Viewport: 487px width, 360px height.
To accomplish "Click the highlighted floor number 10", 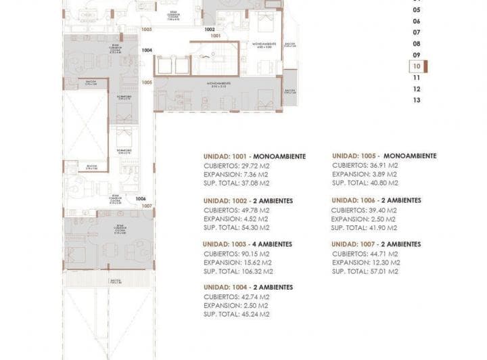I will tap(417, 66).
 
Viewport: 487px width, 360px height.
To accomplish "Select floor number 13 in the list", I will tap(417, 100).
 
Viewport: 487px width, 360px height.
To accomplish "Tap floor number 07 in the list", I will tap(417, 32).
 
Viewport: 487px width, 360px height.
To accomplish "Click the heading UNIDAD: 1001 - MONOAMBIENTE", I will tap(254, 156).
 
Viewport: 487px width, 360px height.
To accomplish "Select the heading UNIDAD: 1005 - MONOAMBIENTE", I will tap(384, 156).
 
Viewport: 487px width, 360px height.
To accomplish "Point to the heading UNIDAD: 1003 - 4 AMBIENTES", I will tap(248, 244).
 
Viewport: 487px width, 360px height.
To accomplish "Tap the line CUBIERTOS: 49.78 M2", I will tap(237, 210).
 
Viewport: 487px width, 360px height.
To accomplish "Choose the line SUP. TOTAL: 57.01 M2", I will tap(365, 271).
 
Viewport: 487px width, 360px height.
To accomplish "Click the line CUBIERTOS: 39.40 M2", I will tap(364, 210).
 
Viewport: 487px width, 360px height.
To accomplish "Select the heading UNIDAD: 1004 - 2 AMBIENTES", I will tap(248, 288).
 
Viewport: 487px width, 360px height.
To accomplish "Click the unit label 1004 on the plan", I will tap(147, 50).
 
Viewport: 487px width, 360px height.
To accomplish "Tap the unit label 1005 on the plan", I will tap(147, 82).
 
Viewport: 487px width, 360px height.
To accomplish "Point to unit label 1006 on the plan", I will tap(141, 198).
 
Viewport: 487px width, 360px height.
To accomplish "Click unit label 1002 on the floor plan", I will tap(210, 30).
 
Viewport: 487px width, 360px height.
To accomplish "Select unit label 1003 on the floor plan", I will tap(147, 30).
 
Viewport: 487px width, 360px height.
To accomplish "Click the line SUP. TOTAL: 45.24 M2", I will tap(236, 314).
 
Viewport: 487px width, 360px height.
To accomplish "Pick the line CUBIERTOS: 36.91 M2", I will tap(365, 165).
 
